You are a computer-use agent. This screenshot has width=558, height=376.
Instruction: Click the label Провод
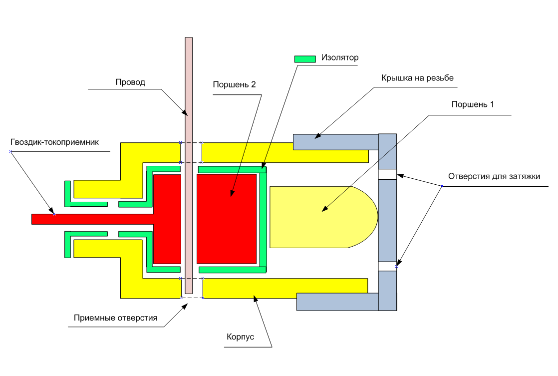[130, 82]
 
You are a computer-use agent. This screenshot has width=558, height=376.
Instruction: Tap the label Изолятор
[340, 57]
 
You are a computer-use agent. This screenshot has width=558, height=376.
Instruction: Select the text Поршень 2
[234, 84]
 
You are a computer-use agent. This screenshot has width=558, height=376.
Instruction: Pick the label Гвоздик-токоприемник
[55, 142]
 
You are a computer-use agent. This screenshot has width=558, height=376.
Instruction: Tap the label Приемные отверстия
[115, 318]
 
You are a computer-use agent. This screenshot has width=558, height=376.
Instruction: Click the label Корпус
[241, 337]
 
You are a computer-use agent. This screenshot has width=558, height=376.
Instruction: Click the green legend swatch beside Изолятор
[305, 59]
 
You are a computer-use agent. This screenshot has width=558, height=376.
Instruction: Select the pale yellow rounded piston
[319, 217]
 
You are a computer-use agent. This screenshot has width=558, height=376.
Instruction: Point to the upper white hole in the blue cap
[387, 174]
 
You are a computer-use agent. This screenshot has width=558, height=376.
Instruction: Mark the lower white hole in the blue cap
[387, 266]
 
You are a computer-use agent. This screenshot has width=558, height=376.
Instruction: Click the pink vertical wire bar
[189, 100]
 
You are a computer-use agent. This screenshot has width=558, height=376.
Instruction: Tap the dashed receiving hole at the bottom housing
[192, 288]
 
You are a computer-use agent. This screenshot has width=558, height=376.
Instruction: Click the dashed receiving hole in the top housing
[191, 152]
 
